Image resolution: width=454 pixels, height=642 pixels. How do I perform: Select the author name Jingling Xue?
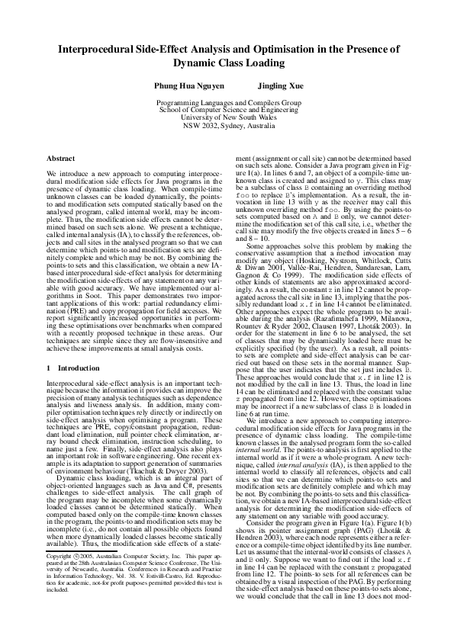[x=279, y=87]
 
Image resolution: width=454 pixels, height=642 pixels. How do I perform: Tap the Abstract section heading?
[x=61, y=158]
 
